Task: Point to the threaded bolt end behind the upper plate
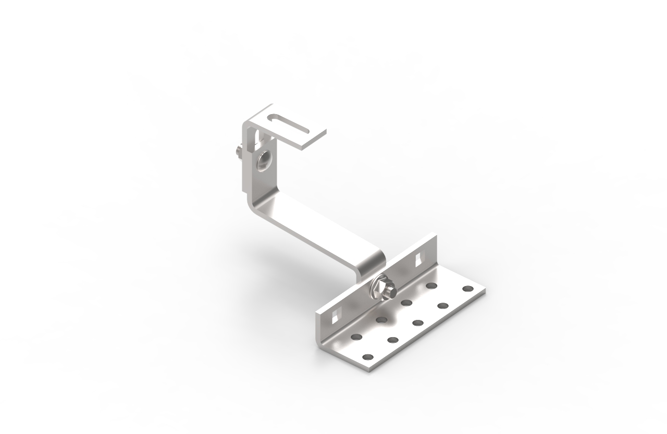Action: point(237,152)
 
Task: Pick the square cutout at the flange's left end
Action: point(336,314)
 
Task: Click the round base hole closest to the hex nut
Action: point(406,302)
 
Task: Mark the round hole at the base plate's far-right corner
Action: point(467,288)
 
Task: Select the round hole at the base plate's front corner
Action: point(368,357)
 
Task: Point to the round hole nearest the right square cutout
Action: point(431,286)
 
